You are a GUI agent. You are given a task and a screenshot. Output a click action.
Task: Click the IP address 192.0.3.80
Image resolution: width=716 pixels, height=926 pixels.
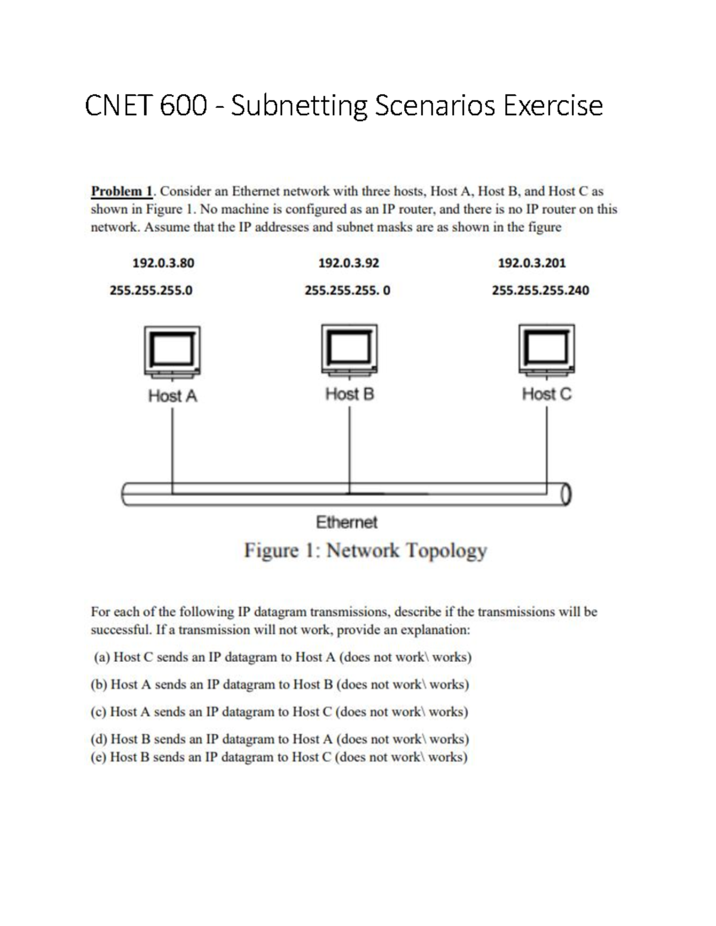[x=163, y=263]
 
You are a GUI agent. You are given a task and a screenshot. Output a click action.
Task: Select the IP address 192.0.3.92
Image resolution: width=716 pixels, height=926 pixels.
[x=348, y=263]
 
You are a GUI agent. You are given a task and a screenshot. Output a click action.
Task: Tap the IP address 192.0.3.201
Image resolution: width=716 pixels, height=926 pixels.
[x=532, y=263]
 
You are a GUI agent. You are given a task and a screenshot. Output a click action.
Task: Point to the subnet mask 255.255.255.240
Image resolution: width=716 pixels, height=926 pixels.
[x=540, y=290]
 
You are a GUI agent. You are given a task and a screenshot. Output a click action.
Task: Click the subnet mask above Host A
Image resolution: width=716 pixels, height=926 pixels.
[x=151, y=290]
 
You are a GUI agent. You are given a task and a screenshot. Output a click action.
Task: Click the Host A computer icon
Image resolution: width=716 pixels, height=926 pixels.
[x=172, y=352]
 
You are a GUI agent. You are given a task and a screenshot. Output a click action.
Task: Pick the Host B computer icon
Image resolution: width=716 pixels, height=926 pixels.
[x=349, y=350]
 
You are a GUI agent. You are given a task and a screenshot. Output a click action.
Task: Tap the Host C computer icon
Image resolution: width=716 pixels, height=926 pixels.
[x=547, y=350]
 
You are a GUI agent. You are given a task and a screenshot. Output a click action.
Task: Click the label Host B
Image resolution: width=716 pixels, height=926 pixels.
[x=350, y=394]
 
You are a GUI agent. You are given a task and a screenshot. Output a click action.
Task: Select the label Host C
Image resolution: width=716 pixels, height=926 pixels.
[x=547, y=394]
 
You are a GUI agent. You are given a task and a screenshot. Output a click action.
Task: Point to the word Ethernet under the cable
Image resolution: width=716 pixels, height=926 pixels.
[x=347, y=522]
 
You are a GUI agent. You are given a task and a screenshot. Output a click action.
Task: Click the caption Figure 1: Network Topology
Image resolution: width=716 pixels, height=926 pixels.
[x=365, y=550]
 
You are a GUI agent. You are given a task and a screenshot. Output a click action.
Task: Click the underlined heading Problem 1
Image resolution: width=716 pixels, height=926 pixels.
[x=122, y=191]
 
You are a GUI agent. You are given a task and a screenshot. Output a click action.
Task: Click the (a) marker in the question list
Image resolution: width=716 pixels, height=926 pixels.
[x=101, y=657]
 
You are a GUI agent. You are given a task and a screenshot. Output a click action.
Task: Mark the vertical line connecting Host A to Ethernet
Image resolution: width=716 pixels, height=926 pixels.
[x=172, y=447]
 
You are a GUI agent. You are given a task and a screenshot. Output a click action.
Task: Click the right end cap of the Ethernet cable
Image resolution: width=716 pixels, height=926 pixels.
[x=566, y=494]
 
